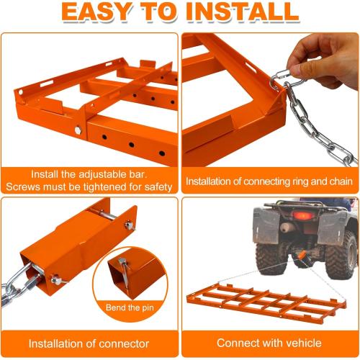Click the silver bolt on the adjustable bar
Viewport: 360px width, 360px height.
click(x=76, y=130)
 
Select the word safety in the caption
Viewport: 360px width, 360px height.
click(x=153, y=187)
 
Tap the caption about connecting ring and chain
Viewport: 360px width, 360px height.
click(x=270, y=181)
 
